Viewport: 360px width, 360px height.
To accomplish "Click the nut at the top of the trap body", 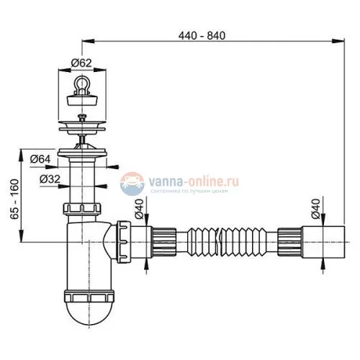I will coord(85,210).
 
